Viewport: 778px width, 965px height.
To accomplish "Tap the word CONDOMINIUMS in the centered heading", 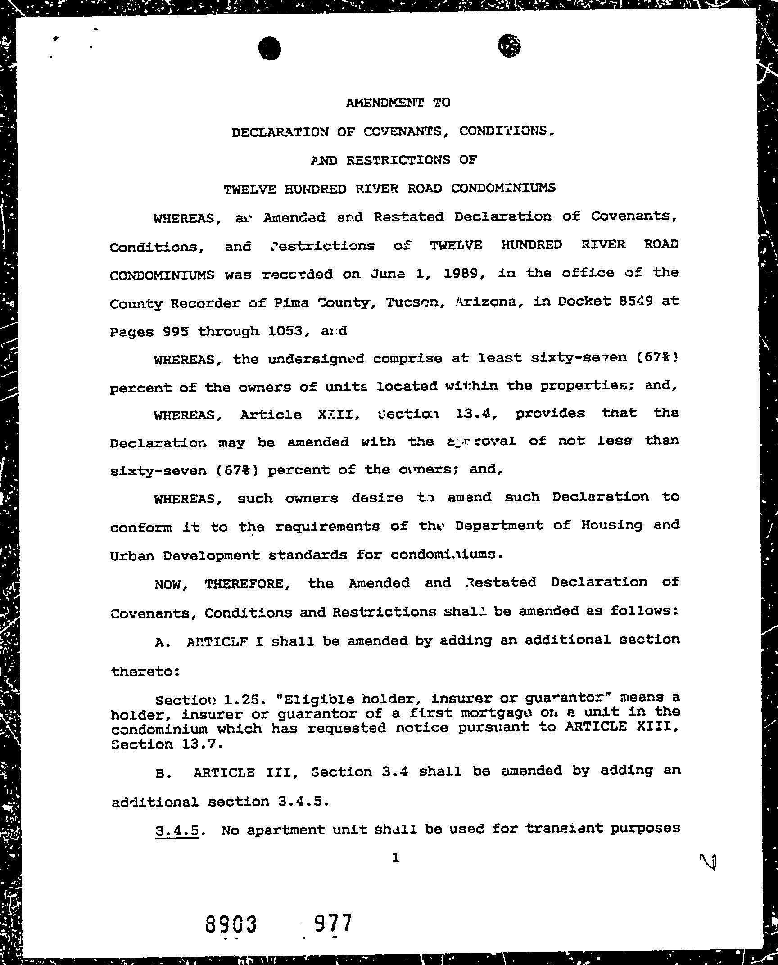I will (503, 188).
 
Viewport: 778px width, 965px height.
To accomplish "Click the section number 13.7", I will (202, 744).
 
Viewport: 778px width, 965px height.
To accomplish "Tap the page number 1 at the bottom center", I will (395, 858).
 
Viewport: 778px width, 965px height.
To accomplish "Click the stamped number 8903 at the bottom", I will (231, 925).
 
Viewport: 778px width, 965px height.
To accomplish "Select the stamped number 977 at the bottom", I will (333, 924).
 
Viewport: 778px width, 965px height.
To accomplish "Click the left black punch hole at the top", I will (270, 48).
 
